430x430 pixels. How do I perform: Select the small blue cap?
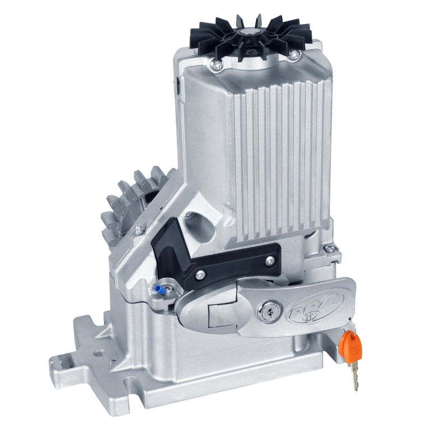coord(158,289)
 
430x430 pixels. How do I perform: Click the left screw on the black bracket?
coord(200,274)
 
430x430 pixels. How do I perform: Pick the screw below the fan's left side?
coord(217,65)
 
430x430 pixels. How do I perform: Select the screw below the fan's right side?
coord(293,54)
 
